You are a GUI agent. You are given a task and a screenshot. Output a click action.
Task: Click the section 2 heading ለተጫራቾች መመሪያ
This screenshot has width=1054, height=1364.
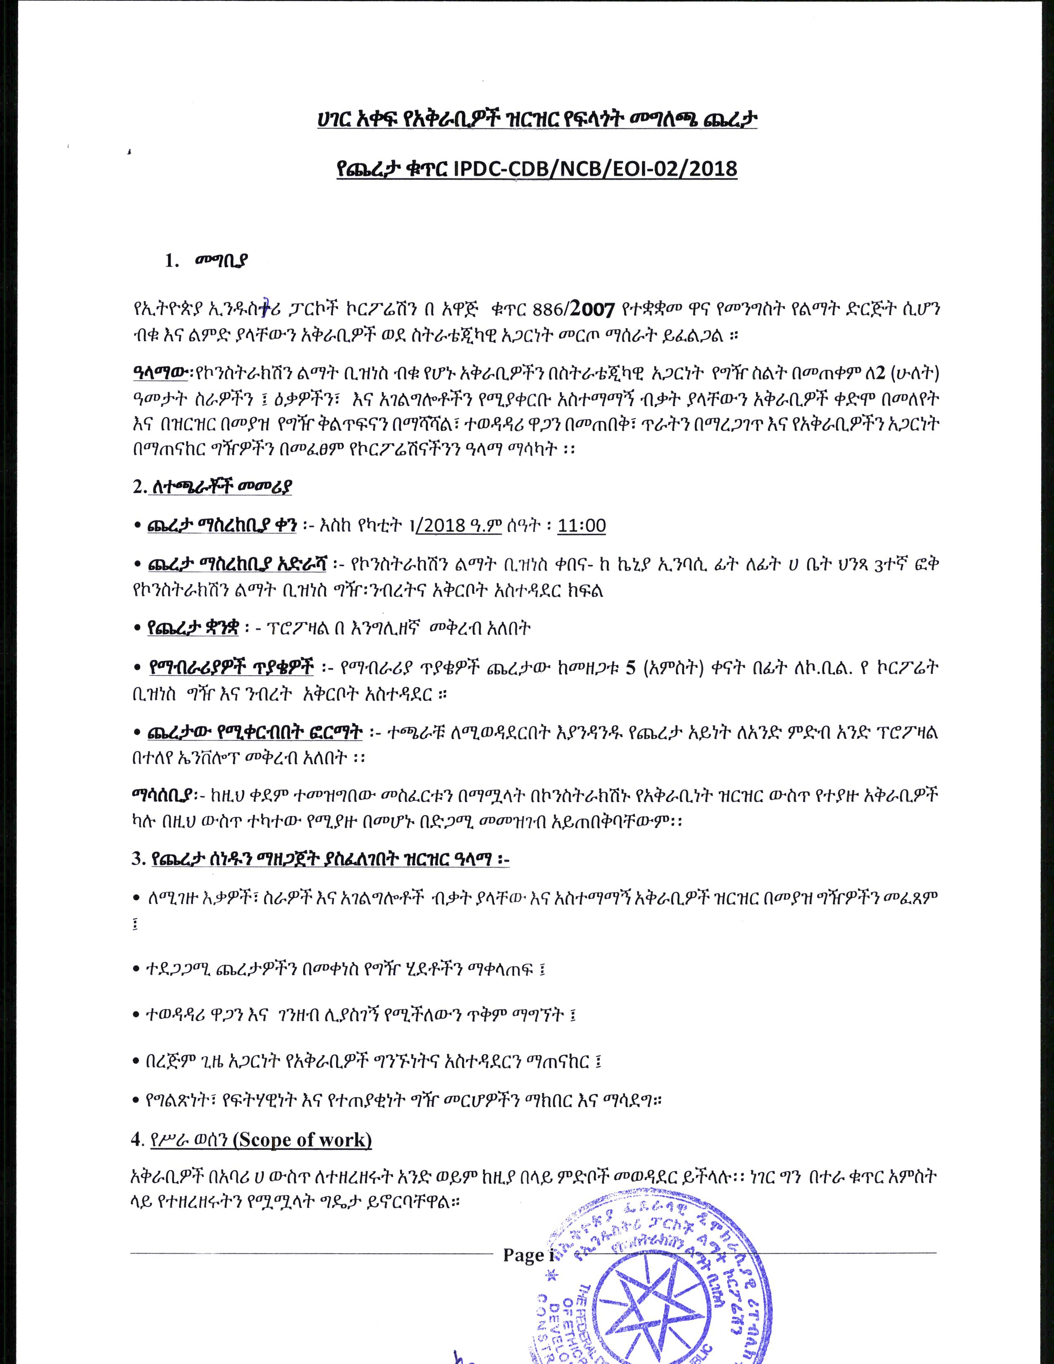point(221,486)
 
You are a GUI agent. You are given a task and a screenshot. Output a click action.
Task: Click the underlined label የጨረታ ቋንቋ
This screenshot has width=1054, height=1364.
point(193,628)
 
